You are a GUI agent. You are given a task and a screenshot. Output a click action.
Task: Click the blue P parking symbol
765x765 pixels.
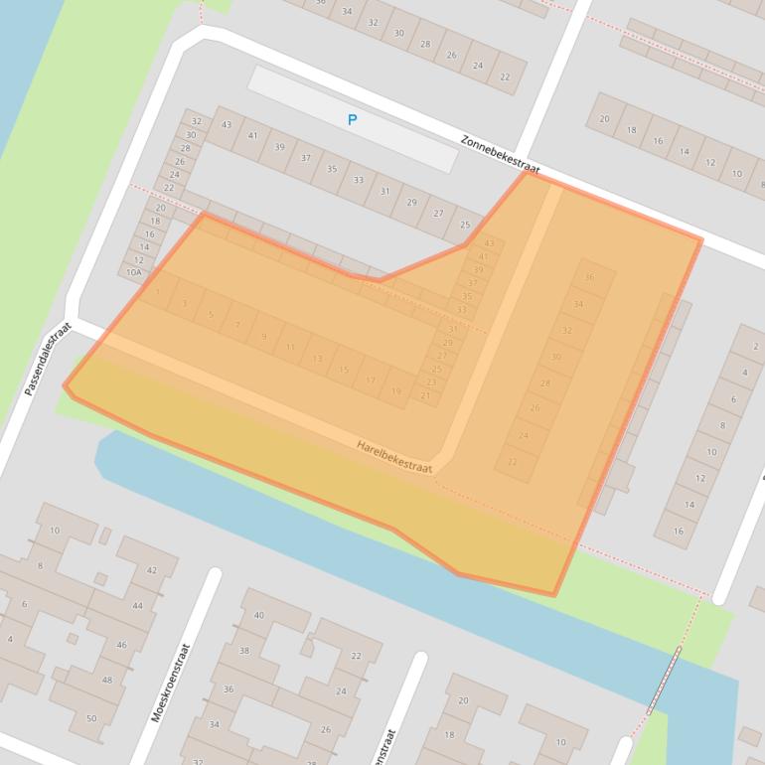pos(352,120)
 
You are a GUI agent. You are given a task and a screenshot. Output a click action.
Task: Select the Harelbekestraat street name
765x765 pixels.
pos(394,457)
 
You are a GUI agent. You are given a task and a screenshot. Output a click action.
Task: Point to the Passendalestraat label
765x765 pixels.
pos(50,359)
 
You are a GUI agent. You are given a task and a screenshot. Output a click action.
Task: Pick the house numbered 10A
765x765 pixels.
pos(135,271)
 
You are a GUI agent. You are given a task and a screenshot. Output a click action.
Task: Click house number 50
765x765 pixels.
pos(91,718)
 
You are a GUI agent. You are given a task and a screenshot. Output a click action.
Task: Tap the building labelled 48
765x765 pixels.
pos(106,682)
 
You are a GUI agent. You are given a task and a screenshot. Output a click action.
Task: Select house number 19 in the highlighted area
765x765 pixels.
pos(396,391)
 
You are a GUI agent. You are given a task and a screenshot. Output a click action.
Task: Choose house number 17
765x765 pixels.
pos(371,381)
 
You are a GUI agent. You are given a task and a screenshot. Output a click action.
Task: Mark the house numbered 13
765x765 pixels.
pos(317,359)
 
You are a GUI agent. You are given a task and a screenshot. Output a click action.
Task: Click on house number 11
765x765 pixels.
pos(290,348)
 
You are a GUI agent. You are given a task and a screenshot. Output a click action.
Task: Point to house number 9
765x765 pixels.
pos(263,337)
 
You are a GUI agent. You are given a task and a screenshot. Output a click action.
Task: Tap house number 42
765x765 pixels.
pos(151,570)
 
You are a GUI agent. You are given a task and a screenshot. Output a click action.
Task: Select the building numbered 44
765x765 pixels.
pos(136,606)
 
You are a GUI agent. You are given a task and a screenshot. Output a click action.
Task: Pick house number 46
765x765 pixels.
pos(121,645)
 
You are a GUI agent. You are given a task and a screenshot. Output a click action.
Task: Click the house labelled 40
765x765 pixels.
pos(259,616)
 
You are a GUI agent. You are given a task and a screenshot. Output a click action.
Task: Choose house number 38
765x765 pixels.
pos(243,652)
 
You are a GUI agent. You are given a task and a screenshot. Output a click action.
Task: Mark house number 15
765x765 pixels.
pos(344,370)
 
